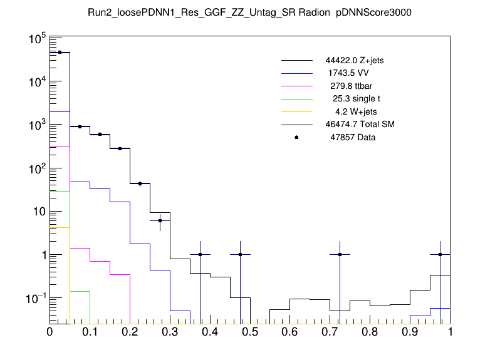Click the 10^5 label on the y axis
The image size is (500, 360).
(x=35, y=39)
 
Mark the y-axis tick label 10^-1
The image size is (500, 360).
(x=34, y=299)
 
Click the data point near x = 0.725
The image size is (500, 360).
(x=340, y=254)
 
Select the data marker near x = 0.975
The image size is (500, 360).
(x=440, y=254)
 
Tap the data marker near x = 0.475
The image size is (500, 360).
(x=240, y=254)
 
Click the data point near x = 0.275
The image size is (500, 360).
(x=160, y=220)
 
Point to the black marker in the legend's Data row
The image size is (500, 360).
(x=296, y=137)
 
